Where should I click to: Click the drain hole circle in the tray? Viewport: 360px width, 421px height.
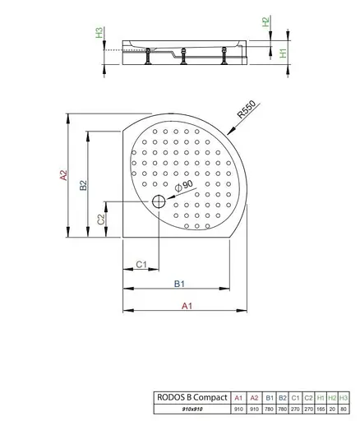click(158, 202)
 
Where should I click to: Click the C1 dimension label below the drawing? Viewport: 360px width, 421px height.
click(141, 264)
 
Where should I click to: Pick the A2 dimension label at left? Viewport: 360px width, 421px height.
click(62, 175)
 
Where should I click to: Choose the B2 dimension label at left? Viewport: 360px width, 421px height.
click(83, 186)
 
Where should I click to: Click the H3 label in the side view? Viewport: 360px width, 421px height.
click(99, 33)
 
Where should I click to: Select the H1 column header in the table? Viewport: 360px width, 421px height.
click(321, 396)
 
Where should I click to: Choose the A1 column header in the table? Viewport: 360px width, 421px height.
click(238, 396)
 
